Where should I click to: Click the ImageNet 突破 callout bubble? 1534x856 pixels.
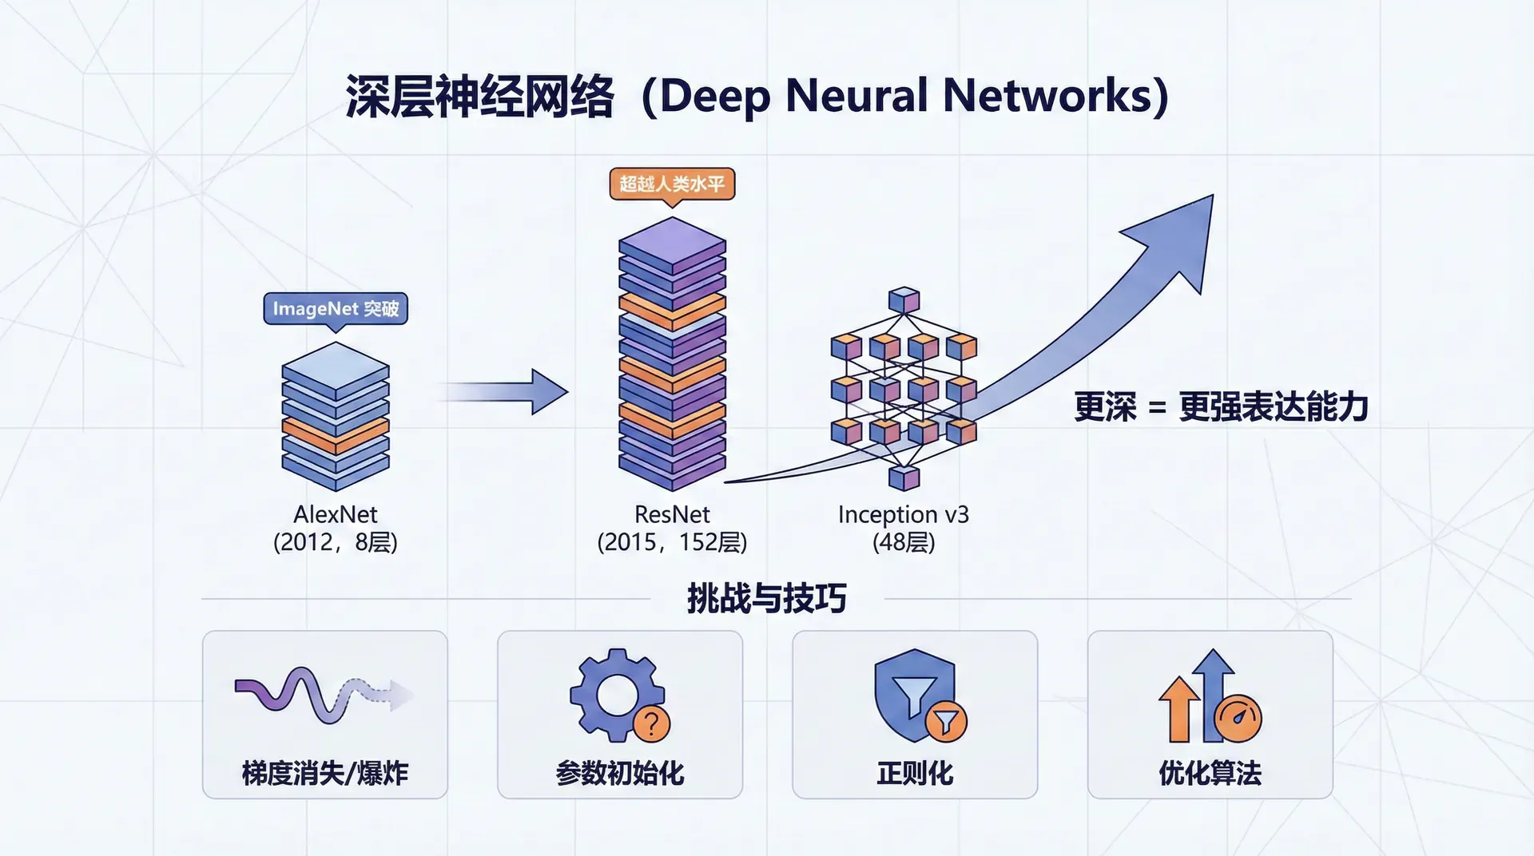(336, 308)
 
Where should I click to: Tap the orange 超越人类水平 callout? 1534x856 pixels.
(672, 184)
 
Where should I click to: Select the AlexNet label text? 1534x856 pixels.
(336, 514)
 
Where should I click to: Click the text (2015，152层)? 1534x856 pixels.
(672, 543)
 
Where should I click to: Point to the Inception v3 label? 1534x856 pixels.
(904, 514)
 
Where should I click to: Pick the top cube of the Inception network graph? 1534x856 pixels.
(904, 300)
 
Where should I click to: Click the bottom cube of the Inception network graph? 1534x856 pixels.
(904, 478)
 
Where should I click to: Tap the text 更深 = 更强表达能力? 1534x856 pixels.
(1221, 407)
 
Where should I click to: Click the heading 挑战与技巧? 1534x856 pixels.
(766, 598)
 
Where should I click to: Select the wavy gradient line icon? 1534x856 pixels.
(324, 695)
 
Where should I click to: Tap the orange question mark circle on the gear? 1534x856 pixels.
(651, 724)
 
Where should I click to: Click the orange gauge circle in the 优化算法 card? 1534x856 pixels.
(1238, 718)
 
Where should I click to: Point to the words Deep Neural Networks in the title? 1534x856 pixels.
(904, 97)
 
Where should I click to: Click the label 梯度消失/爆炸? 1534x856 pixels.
(324, 773)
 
